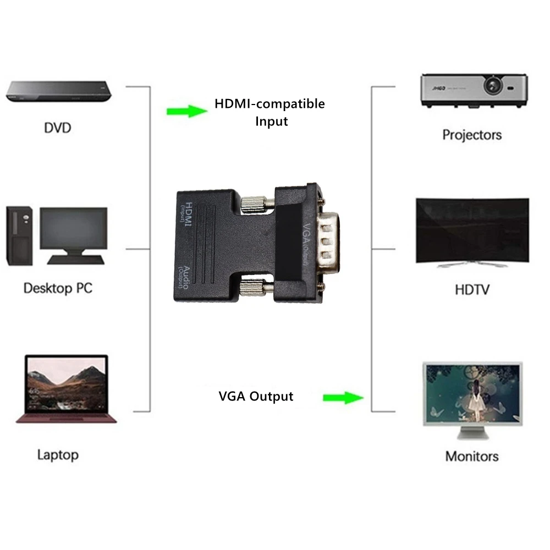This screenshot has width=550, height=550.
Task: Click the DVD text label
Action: coord(57,128)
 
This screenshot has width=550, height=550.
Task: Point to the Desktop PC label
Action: coord(58,288)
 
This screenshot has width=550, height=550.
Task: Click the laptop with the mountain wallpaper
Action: coord(66,388)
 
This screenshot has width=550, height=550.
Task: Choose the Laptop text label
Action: coord(58,455)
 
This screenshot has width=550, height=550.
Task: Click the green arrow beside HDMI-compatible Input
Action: coord(186,112)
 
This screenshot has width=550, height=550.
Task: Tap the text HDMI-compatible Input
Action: coord(269,112)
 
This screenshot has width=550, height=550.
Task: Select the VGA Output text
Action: coord(256,396)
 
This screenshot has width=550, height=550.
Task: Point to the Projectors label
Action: coord(472,135)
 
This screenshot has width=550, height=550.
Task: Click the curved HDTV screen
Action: coord(472,231)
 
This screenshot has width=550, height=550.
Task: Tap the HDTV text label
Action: coord(472,289)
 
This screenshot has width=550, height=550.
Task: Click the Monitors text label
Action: coord(472,456)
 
